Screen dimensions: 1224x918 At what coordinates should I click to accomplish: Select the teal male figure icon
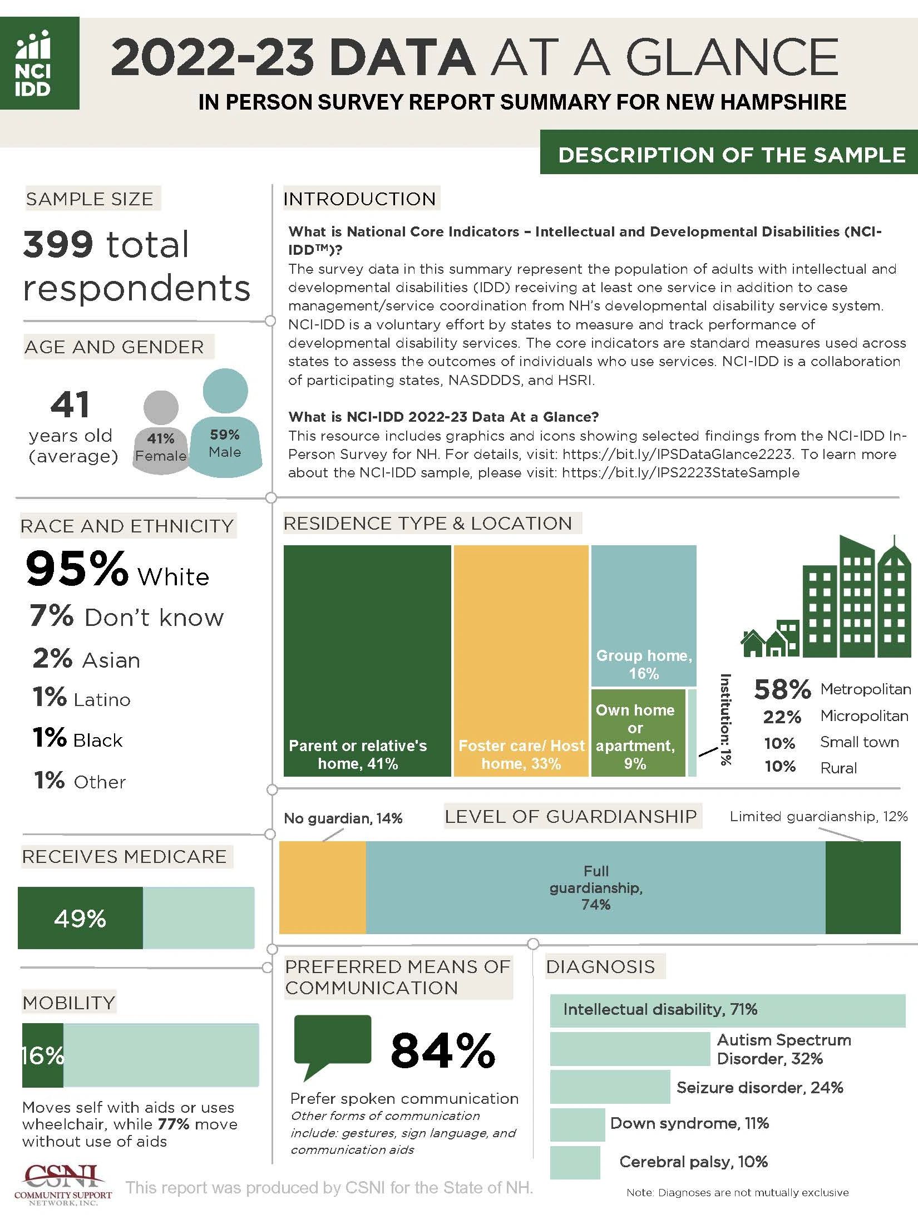point(225,423)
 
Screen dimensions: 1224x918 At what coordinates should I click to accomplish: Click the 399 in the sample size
point(58,245)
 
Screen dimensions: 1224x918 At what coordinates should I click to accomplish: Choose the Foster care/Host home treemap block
point(521,660)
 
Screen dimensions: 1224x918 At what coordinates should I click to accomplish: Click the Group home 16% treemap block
point(643,615)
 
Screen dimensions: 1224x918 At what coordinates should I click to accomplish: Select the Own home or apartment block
point(638,732)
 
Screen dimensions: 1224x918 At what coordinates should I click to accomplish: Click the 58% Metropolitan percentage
point(782,689)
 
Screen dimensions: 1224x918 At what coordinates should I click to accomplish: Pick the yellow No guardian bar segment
point(322,887)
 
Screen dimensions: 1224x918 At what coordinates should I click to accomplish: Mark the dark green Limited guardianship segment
point(862,887)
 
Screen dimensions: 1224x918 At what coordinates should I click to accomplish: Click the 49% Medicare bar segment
point(80,918)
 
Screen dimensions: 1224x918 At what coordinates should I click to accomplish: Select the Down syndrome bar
point(577,1124)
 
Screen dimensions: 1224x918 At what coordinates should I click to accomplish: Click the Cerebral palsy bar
point(575,1162)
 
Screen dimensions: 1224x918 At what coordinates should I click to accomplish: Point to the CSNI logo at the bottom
point(62,1185)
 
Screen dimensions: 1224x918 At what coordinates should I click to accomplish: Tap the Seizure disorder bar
point(610,1087)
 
